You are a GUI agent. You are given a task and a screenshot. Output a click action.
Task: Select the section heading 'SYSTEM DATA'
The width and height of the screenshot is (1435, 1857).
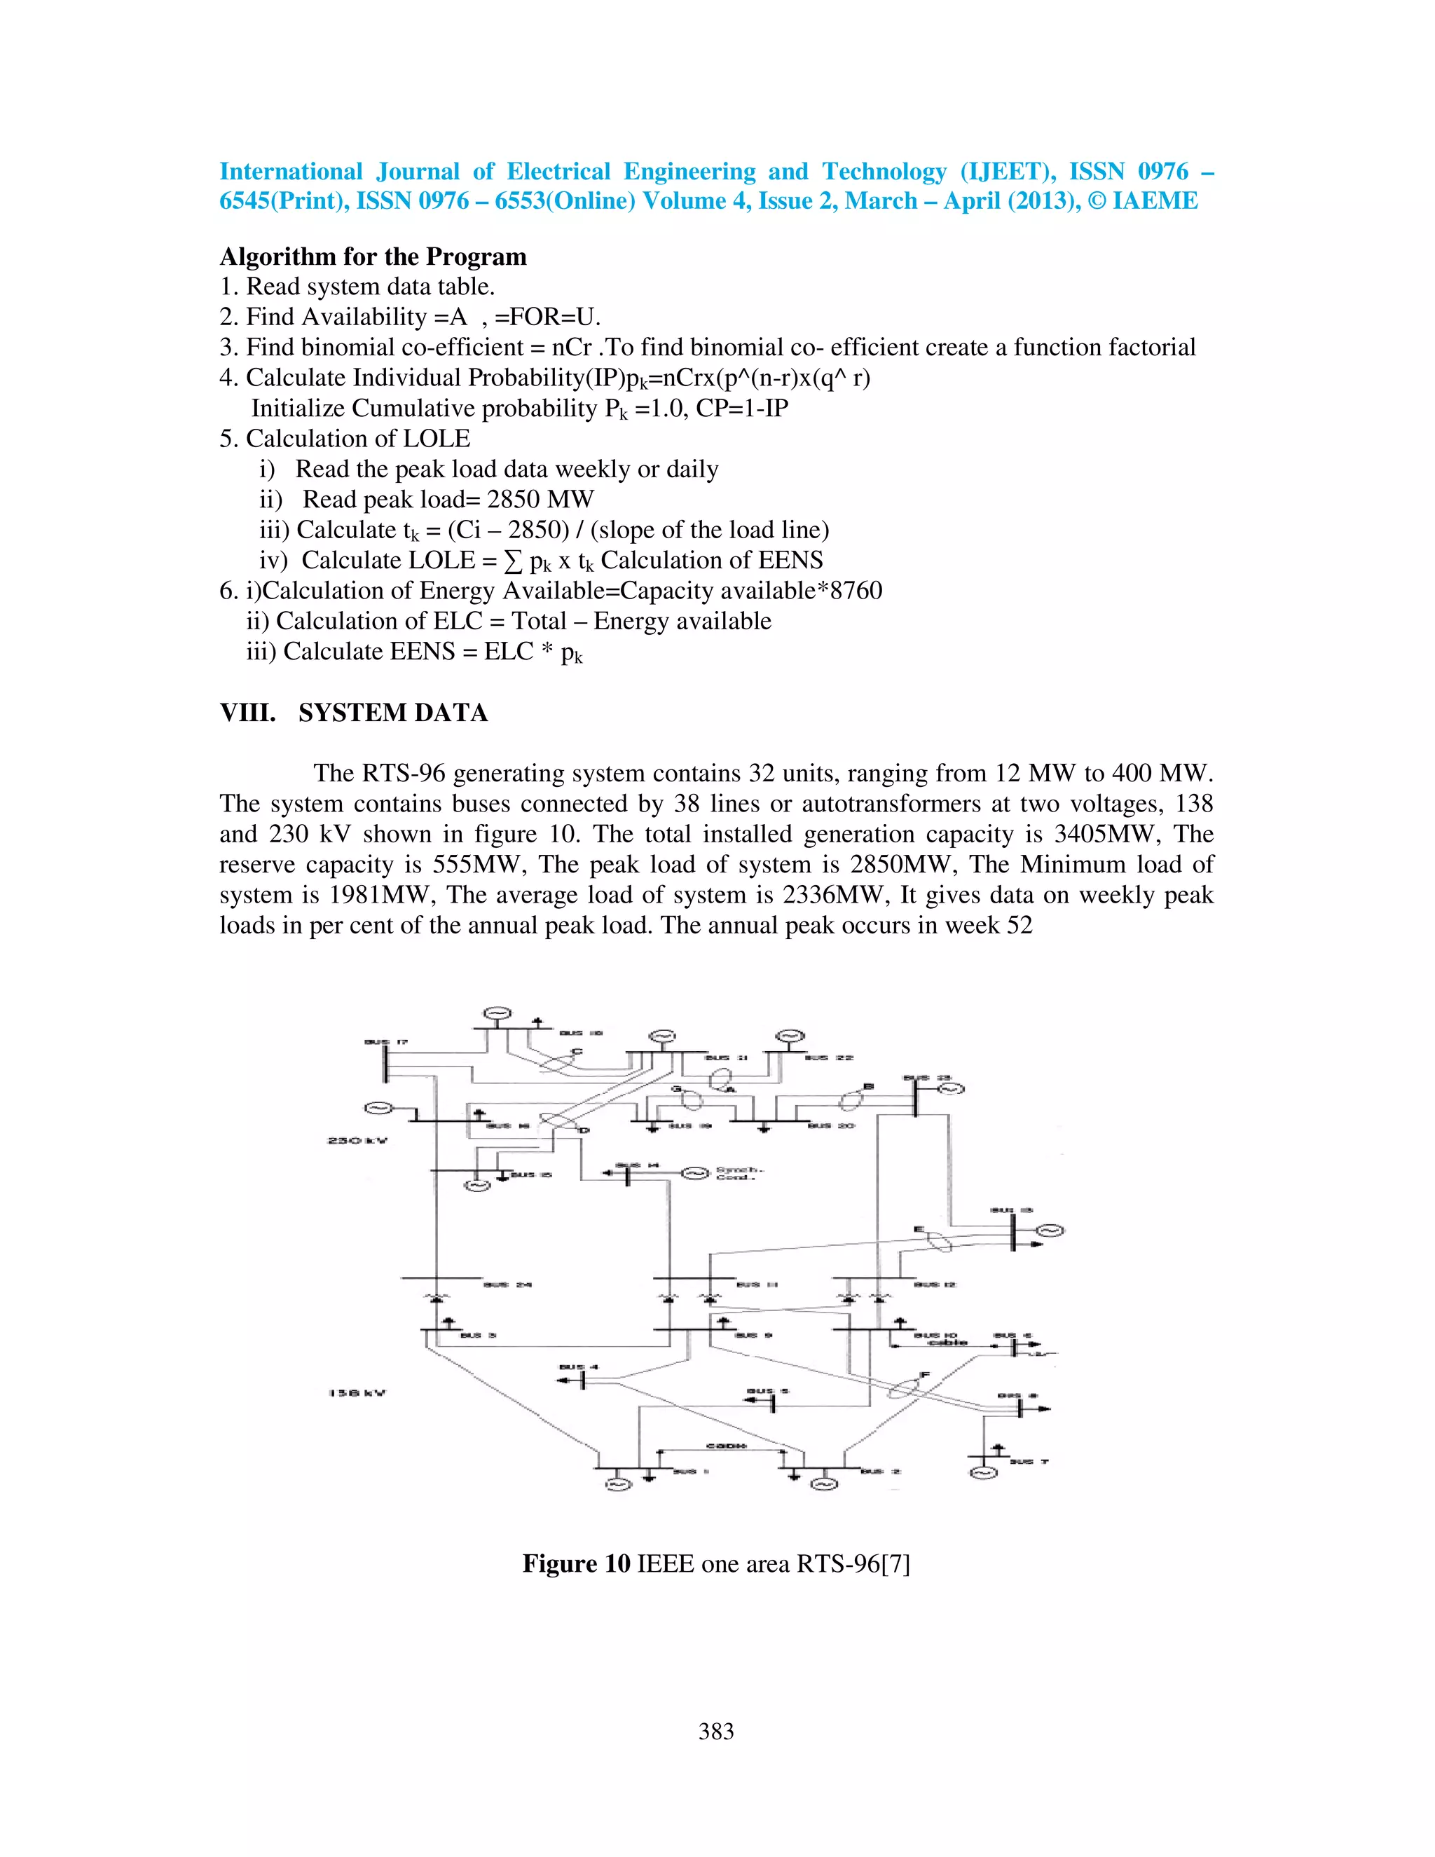click(x=393, y=713)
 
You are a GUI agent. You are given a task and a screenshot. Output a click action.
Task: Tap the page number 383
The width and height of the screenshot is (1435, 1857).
click(x=716, y=1731)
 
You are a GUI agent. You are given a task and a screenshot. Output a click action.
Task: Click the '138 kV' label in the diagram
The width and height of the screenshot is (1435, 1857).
click(x=357, y=1393)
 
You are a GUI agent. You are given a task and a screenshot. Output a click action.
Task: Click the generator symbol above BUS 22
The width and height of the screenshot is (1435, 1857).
click(x=790, y=1036)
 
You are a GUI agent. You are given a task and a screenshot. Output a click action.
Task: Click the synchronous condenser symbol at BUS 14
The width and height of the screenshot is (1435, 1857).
click(x=694, y=1173)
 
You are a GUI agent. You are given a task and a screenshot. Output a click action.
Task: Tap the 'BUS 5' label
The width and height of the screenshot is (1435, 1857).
click(x=768, y=1392)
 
